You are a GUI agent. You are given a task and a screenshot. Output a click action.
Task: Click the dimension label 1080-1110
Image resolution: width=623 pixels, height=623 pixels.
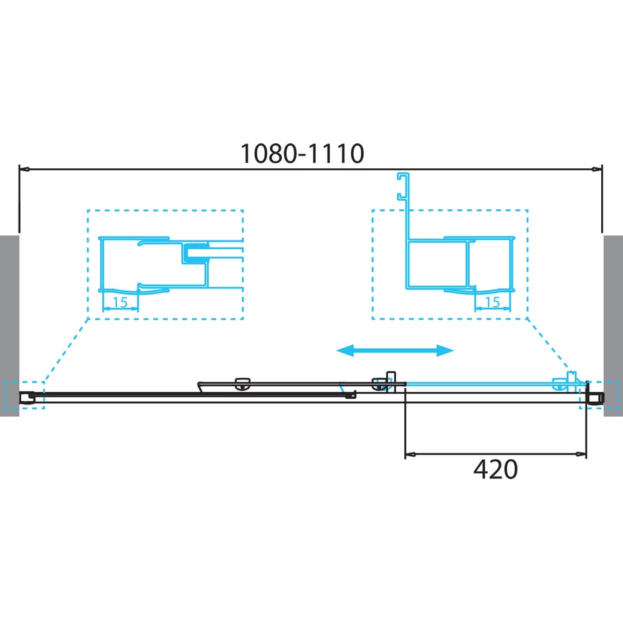click(302, 153)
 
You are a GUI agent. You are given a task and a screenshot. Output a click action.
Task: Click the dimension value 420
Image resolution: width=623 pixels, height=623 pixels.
click(495, 469)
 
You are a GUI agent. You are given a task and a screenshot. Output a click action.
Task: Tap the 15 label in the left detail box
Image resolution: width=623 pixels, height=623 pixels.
click(120, 302)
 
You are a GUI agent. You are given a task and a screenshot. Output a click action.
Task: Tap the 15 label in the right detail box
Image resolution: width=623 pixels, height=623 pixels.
click(492, 302)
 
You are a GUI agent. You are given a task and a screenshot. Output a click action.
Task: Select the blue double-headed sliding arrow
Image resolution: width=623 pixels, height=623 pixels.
click(395, 350)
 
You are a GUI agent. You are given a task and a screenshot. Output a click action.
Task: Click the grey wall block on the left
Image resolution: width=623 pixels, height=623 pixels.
click(9, 326)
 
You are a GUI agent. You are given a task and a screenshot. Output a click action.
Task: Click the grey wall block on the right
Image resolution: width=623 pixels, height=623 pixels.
click(613, 326)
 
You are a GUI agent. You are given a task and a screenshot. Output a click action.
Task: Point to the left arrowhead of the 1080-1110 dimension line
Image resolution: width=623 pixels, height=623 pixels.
click(24, 169)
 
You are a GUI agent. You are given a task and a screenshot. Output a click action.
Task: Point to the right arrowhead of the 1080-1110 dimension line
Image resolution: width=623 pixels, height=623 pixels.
click(597, 169)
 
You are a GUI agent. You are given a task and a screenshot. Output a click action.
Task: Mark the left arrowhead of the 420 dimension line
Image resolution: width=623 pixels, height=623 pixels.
click(410, 454)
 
